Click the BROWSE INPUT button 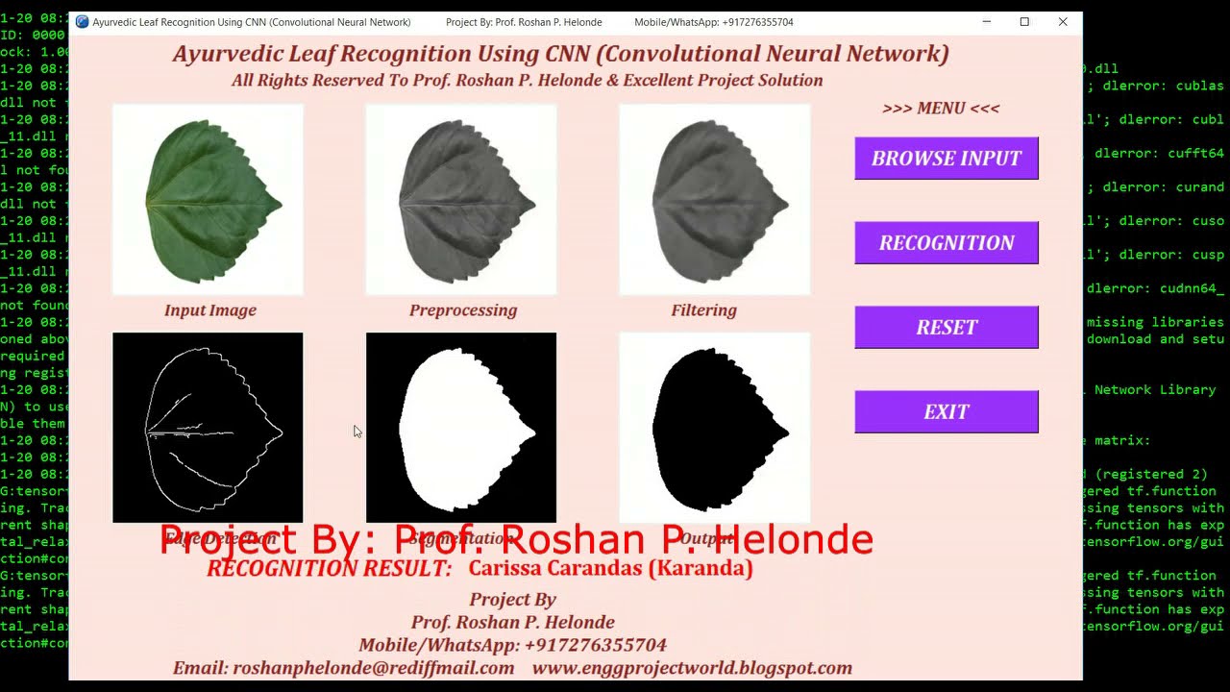click(x=947, y=159)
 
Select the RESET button click(x=947, y=328)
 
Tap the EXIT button click(x=947, y=412)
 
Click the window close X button click(x=1063, y=22)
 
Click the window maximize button click(x=1024, y=22)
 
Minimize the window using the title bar click(x=987, y=22)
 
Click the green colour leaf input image click(x=208, y=200)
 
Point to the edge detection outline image click(x=208, y=428)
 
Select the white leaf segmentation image click(x=461, y=428)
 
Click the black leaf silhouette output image click(x=715, y=428)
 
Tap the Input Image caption click(x=210, y=310)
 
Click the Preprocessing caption click(x=463, y=310)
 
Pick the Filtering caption click(x=704, y=310)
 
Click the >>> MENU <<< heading click(x=941, y=109)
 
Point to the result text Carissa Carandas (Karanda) click(x=610, y=568)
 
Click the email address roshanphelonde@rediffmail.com click(x=373, y=668)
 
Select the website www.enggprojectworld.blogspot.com click(x=692, y=668)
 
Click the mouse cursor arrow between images click(x=357, y=431)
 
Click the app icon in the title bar click(x=83, y=22)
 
